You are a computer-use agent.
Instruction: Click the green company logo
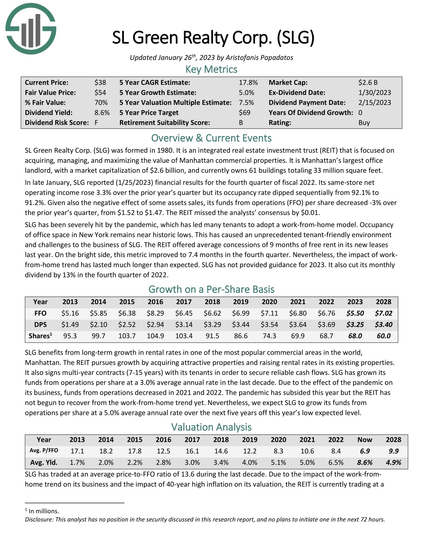point(31,29)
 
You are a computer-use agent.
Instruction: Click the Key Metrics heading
point(211,69)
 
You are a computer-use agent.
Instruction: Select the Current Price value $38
point(100,82)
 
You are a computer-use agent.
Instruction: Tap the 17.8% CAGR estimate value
point(248,82)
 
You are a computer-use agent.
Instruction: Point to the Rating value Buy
point(364,123)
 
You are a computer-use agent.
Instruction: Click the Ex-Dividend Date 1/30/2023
point(374,93)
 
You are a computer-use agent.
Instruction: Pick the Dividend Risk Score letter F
point(96,123)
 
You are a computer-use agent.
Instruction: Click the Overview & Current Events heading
point(211,138)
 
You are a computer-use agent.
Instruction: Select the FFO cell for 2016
point(155,313)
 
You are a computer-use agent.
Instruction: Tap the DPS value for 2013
point(70,324)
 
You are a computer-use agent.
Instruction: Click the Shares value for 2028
point(383,336)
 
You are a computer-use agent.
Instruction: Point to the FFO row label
point(40,313)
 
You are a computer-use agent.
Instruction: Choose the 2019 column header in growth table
point(241,302)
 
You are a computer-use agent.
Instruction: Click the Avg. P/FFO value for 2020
point(278,451)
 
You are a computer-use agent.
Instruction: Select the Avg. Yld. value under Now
point(365,463)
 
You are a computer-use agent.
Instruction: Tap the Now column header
point(365,440)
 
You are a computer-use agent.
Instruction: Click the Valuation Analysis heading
point(211,427)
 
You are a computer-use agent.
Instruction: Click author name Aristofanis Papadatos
point(259,58)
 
